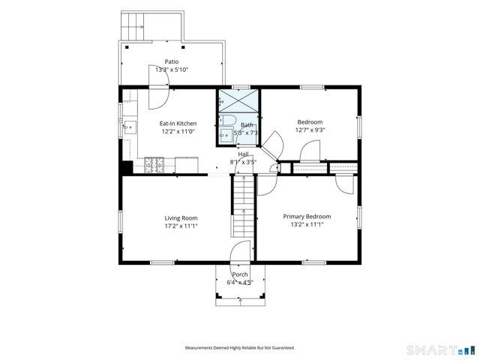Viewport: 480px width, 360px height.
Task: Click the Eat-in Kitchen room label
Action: (x=178, y=124)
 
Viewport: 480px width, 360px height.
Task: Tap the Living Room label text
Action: (x=181, y=218)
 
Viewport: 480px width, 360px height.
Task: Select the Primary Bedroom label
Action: (x=307, y=217)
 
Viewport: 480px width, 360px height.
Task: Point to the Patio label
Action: (x=172, y=61)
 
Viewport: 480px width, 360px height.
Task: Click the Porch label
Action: (x=240, y=274)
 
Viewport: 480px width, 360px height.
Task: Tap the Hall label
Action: (x=243, y=154)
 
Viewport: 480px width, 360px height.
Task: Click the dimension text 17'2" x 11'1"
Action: (x=181, y=226)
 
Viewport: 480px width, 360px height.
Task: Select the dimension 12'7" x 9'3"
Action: (x=310, y=130)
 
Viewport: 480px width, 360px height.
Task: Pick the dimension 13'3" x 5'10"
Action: (x=172, y=70)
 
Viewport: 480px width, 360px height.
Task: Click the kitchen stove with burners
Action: (x=154, y=165)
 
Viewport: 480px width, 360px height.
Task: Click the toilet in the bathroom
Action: (x=227, y=119)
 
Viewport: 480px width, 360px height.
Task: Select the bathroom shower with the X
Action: (x=238, y=100)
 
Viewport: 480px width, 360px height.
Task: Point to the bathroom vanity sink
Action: (x=226, y=135)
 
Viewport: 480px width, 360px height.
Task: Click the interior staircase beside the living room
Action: (x=244, y=205)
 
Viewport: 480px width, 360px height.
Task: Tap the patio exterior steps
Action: (x=132, y=26)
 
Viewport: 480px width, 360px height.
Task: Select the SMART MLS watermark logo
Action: (x=440, y=349)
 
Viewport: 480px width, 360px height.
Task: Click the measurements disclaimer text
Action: (x=240, y=348)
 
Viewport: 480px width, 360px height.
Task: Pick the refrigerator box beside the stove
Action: (x=187, y=165)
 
